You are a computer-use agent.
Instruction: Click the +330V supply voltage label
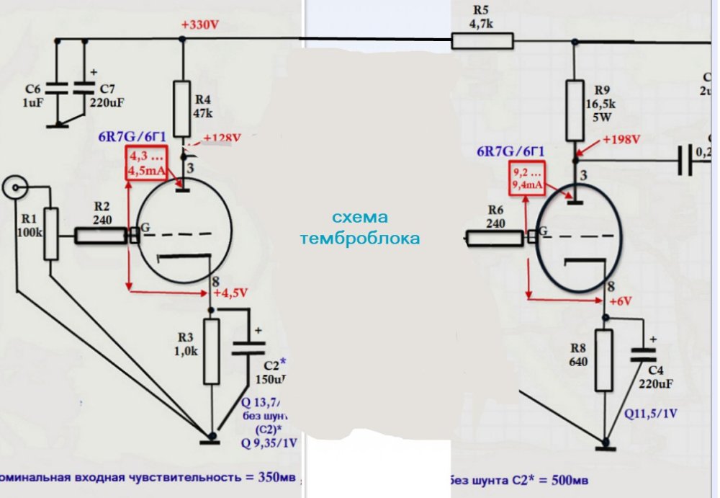pos(200,25)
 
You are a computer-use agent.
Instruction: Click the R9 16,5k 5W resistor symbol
pos(574,110)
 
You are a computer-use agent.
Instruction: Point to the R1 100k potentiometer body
pos(51,234)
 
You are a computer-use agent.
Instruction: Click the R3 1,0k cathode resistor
pos(211,352)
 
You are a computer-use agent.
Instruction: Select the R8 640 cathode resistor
pos(603,360)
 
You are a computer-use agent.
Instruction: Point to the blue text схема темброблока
pos(360,228)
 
